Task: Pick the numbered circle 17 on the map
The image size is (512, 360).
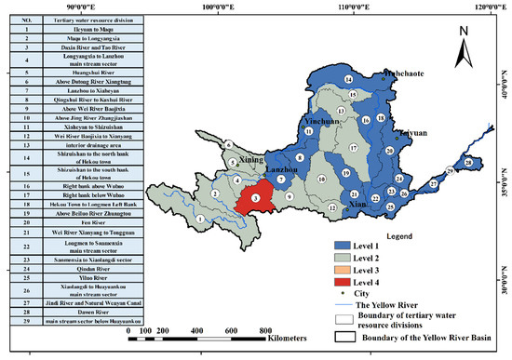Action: (353, 148)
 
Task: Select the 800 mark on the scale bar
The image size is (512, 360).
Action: (265, 331)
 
